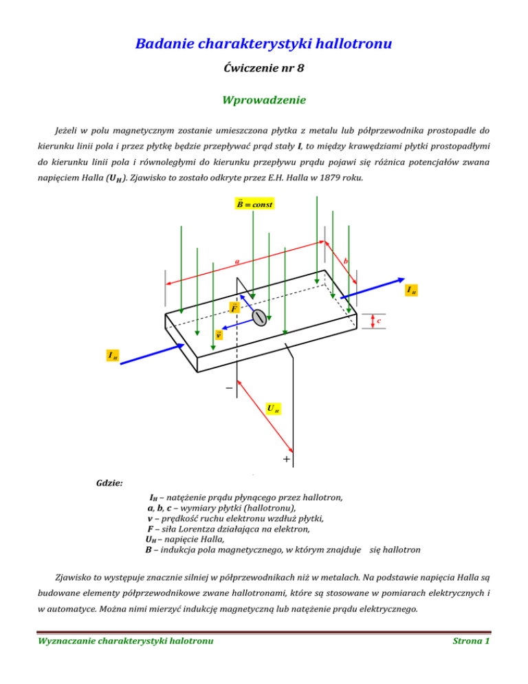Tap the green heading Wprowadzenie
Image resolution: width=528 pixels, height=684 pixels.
[x=263, y=100]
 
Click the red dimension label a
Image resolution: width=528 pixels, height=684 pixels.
[x=236, y=261]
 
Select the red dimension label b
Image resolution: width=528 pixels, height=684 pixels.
[x=344, y=261]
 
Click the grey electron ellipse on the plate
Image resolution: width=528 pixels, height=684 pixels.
[x=259, y=317]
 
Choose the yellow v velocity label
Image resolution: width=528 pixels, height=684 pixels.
[x=219, y=335]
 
